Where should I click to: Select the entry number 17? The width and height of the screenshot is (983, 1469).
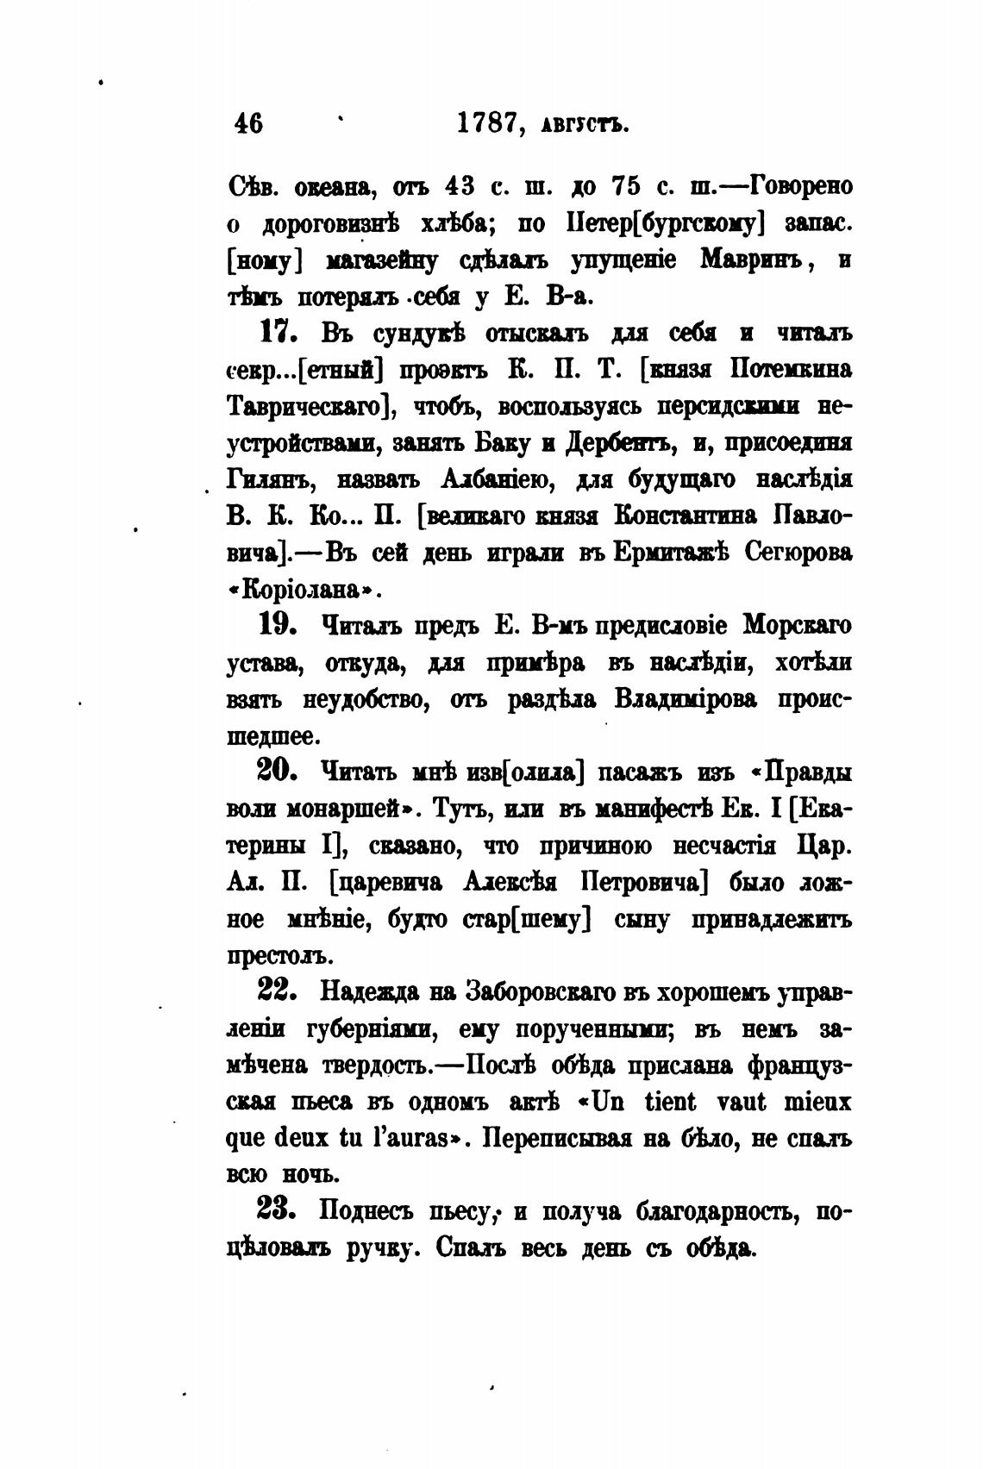pos(277,332)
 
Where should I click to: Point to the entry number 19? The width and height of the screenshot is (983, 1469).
pos(277,624)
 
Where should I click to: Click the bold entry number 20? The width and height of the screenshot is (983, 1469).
pos(277,771)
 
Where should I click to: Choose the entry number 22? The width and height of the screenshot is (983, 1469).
pos(277,991)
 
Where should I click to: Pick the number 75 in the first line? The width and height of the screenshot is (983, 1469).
pos(629,185)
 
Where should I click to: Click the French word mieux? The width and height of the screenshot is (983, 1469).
pos(817,1102)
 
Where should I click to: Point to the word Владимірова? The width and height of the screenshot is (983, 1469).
pos(686,698)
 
